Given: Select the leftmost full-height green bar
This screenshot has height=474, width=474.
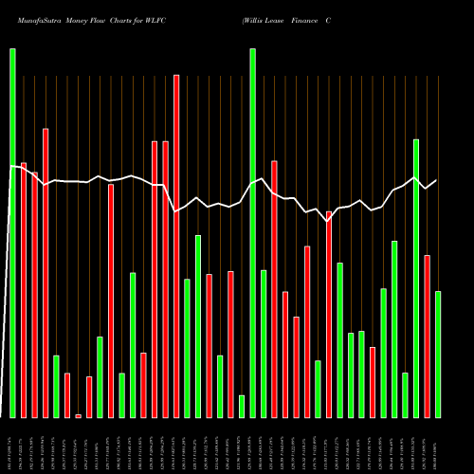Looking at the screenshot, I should (x=12, y=232).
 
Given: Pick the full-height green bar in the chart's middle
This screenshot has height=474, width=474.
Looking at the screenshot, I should (x=253, y=232).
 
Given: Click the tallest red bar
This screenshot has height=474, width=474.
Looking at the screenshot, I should (x=176, y=246).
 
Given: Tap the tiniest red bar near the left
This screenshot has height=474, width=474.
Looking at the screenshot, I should (x=79, y=415).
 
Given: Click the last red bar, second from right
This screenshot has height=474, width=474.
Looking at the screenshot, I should (x=427, y=336).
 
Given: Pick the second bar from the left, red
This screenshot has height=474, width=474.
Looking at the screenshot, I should (x=24, y=289).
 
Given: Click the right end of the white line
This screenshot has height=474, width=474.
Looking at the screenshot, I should (x=436, y=180).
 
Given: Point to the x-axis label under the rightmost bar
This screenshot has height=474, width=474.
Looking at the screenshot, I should (x=438, y=446).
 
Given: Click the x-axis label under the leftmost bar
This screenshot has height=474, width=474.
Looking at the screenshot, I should (x=12, y=446).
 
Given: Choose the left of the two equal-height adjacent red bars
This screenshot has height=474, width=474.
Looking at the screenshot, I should (x=155, y=279).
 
